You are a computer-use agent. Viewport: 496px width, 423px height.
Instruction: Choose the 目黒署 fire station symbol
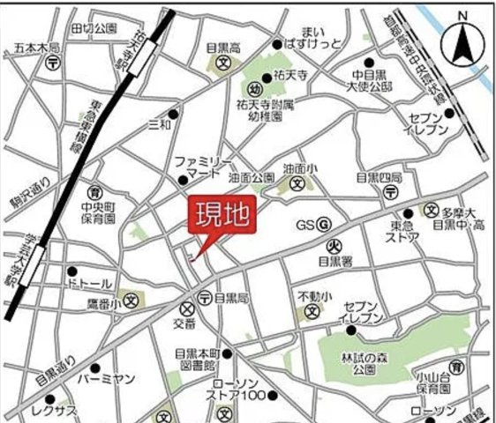(335, 245)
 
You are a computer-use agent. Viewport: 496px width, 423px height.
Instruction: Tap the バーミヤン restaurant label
(105, 379)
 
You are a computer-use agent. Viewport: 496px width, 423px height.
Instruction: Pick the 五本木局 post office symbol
(54, 63)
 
